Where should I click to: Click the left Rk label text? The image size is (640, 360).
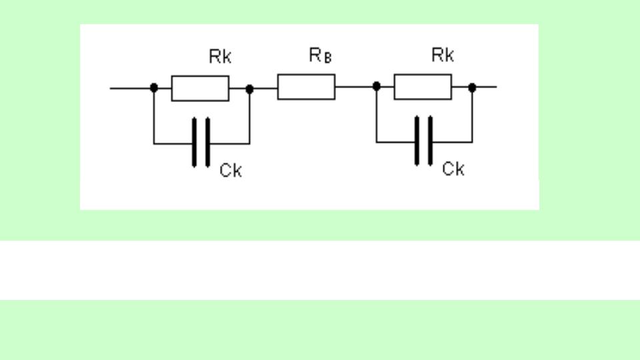(x=220, y=56)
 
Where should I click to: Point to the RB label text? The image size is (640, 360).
(x=321, y=55)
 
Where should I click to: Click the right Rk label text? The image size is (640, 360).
(x=443, y=55)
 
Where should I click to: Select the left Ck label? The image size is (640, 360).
(x=231, y=170)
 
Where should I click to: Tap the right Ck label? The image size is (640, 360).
(x=453, y=169)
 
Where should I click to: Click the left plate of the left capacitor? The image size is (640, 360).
(x=194, y=143)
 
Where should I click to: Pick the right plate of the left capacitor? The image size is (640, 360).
(x=208, y=143)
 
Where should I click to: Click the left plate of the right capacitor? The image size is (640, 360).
(x=417, y=141)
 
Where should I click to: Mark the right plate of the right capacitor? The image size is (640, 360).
(x=430, y=141)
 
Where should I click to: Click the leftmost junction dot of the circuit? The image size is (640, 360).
(x=154, y=88)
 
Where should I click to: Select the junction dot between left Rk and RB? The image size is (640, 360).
(x=250, y=89)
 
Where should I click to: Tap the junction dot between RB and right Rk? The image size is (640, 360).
(x=377, y=86)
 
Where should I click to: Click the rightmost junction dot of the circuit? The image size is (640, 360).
(x=472, y=87)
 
